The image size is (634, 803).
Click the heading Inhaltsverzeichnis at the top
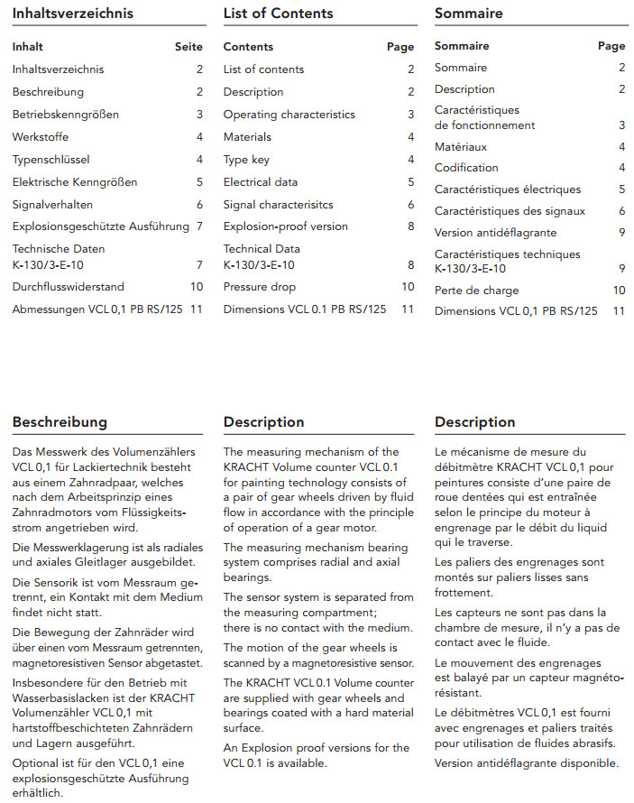(72, 14)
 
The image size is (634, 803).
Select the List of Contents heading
(278, 14)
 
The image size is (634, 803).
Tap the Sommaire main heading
(468, 14)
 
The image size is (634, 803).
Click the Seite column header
(188, 47)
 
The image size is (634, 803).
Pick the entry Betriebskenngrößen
(66, 115)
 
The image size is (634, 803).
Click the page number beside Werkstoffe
(199, 137)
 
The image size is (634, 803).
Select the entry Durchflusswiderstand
(69, 287)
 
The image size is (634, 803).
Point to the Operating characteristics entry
(289, 115)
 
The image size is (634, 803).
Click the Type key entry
(246, 160)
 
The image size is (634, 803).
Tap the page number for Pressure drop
(408, 287)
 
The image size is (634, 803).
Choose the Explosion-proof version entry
(285, 226)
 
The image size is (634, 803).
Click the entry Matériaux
(461, 146)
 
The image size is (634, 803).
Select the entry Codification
(466, 168)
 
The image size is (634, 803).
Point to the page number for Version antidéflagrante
(621, 233)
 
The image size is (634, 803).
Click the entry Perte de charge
(476, 291)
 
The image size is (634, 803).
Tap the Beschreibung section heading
(60, 422)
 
